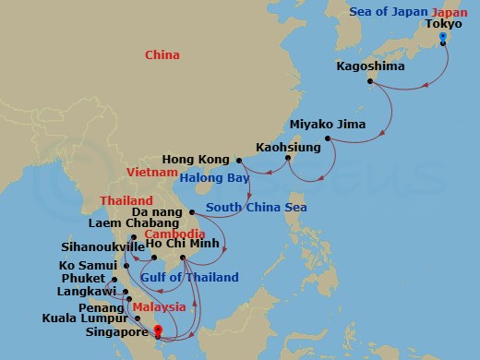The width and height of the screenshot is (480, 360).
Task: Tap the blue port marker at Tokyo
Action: (444, 38)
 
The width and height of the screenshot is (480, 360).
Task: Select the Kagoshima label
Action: (368, 67)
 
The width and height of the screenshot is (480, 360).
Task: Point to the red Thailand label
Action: (127, 201)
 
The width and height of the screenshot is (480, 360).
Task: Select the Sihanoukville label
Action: (111, 248)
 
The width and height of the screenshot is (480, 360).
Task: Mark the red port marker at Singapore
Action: (158, 330)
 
